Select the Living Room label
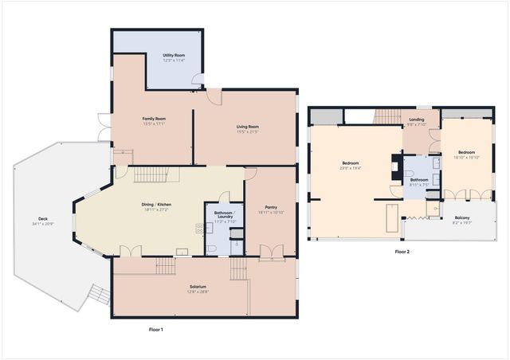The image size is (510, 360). (x=247, y=127)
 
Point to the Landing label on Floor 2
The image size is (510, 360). (x=417, y=120)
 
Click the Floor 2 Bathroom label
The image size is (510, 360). (x=420, y=179)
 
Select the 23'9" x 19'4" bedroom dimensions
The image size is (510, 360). (x=351, y=168)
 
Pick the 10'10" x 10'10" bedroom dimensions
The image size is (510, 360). (x=466, y=157)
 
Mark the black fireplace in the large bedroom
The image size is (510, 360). (x=396, y=167)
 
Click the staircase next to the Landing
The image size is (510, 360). (x=387, y=118)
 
